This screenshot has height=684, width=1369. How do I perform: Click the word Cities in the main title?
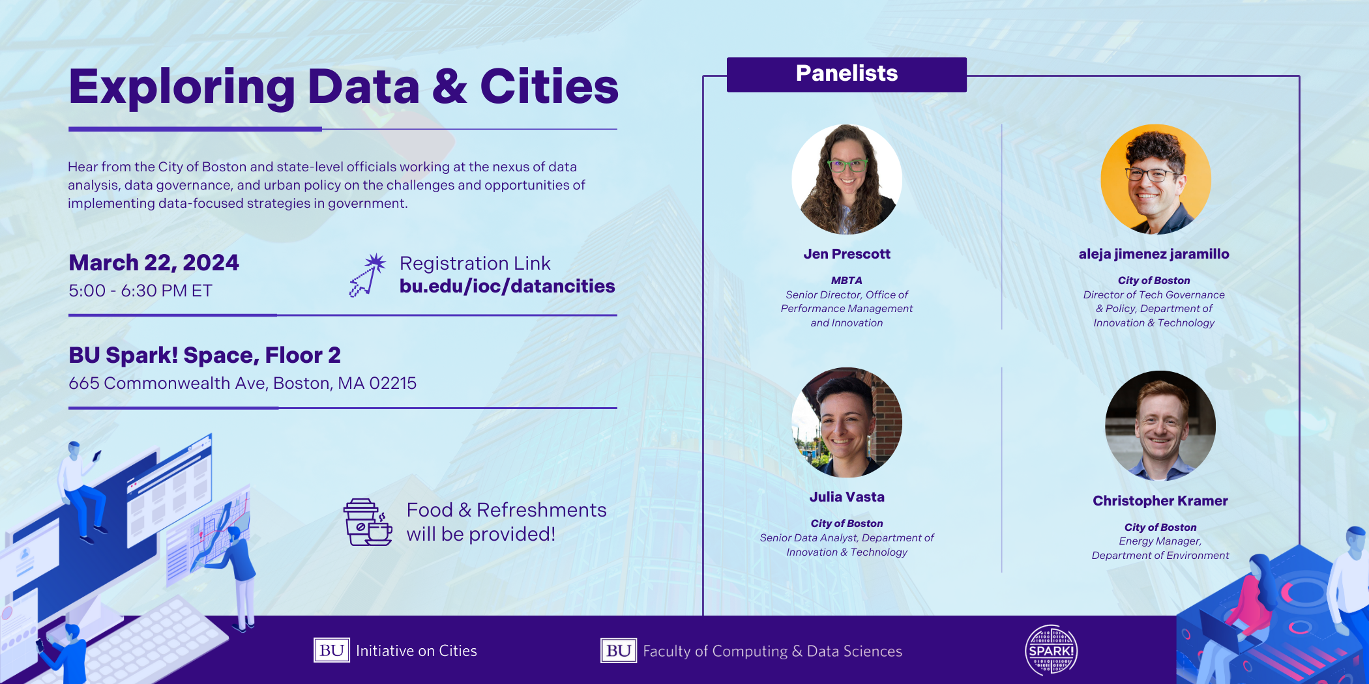(549, 87)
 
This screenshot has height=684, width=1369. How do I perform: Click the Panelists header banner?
(846, 74)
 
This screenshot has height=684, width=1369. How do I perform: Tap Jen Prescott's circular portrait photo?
(847, 179)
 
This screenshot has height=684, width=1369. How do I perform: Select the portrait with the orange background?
(1156, 179)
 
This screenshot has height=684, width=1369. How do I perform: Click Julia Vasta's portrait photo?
(847, 422)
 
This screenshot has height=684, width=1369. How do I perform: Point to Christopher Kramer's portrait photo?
(1160, 426)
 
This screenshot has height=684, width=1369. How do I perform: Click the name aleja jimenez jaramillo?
(1154, 254)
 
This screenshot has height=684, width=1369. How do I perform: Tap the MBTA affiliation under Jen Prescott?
(846, 281)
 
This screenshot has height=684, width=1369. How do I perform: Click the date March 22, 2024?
(154, 263)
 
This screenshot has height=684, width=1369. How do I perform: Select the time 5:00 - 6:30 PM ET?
(140, 291)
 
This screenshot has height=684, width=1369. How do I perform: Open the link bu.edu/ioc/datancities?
(507, 287)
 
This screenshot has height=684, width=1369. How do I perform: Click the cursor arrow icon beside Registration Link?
(367, 275)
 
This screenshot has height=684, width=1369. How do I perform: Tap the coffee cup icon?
(368, 522)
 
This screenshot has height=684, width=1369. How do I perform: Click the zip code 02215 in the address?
(392, 383)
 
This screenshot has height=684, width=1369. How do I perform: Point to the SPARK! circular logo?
(1051, 650)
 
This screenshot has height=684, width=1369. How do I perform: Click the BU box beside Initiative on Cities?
(332, 650)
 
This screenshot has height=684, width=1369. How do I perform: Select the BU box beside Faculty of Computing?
(619, 650)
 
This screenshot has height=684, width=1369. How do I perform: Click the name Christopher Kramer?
(1160, 501)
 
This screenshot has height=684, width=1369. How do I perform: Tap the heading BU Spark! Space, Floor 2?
(205, 356)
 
